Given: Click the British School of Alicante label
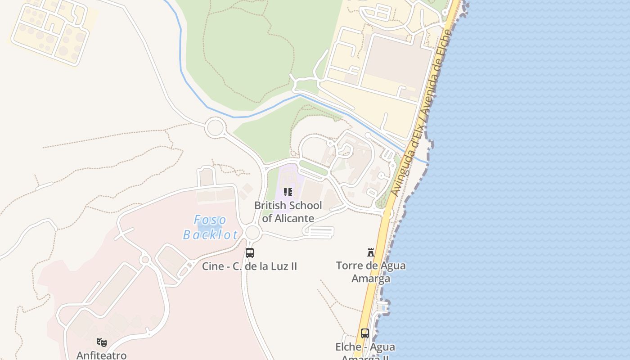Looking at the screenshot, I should tap(288, 211).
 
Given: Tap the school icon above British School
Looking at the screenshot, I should tap(288, 193).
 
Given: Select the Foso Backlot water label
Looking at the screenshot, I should tap(211, 227).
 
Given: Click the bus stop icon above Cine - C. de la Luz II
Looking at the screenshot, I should tap(250, 253).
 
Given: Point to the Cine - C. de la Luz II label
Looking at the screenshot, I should tap(249, 266).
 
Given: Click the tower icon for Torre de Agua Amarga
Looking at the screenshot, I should tap(371, 252).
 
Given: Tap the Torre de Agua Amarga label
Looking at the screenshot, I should tap(371, 272).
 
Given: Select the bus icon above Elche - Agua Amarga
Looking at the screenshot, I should tap(365, 333).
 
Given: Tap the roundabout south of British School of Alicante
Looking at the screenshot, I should tap(253, 232).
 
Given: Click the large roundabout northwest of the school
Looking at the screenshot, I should tap(215, 127).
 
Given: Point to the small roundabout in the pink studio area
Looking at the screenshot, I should tap(144, 260).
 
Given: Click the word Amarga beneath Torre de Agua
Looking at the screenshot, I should tap(371, 279).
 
